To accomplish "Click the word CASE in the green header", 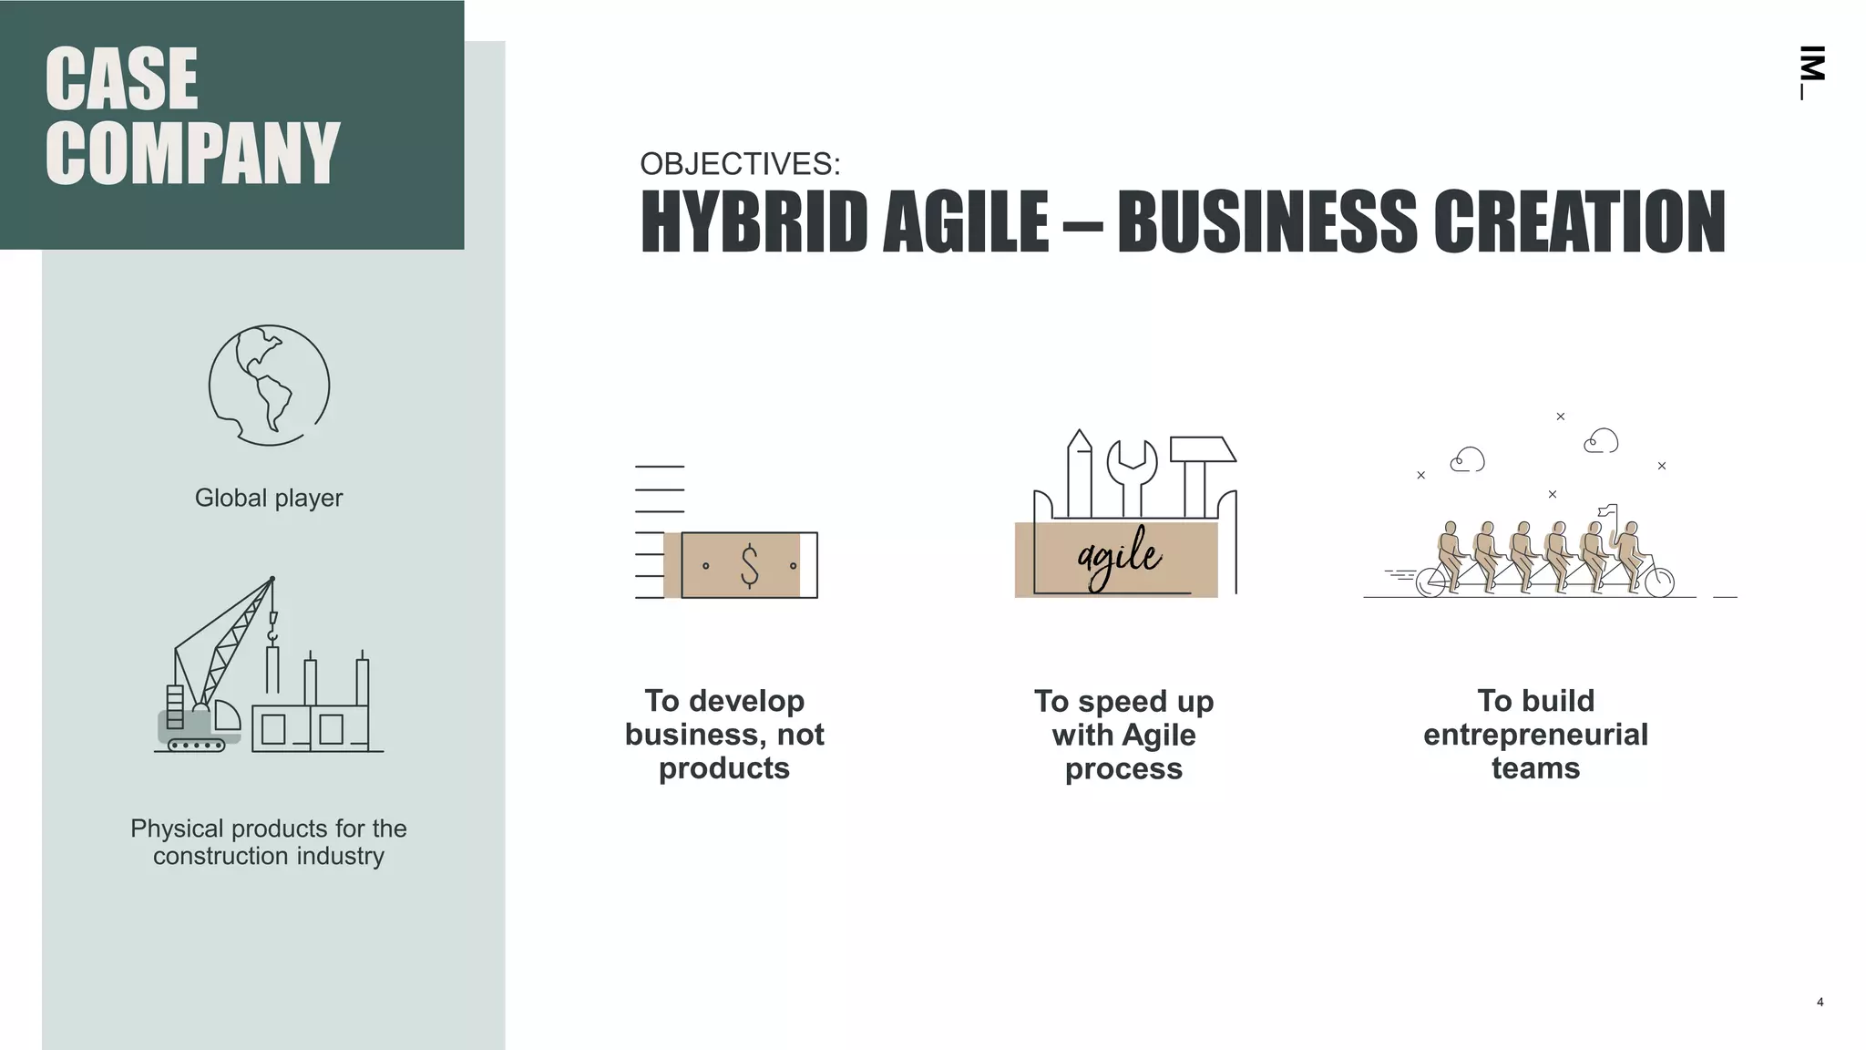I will pyautogui.click(x=121, y=79).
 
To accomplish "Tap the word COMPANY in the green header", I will pyautogui.click(x=192, y=153).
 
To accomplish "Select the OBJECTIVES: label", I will pyautogui.click(x=740, y=164).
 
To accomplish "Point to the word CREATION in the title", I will pyautogui.click(x=1579, y=221).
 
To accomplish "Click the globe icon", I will pyautogui.click(x=269, y=385).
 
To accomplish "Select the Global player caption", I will pyautogui.click(x=269, y=498).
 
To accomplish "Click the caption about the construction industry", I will pyautogui.click(x=269, y=842).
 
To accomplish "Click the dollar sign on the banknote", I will pyautogui.click(x=749, y=565).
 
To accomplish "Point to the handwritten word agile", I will pyautogui.click(x=1119, y=556).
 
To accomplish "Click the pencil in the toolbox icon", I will pyautogui.click(x=1080, y=469).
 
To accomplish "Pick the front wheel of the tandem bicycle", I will pyautogui.click(x=1659, y=582).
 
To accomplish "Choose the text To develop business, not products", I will pyautogui.click(x=724, y=735).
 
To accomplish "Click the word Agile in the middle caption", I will pyautogui.click(x=1159, y=735).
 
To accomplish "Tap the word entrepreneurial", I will pyautogui.click(x=1535, y=735).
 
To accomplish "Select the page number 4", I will pyautogui.click(x=1820, y=1003).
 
